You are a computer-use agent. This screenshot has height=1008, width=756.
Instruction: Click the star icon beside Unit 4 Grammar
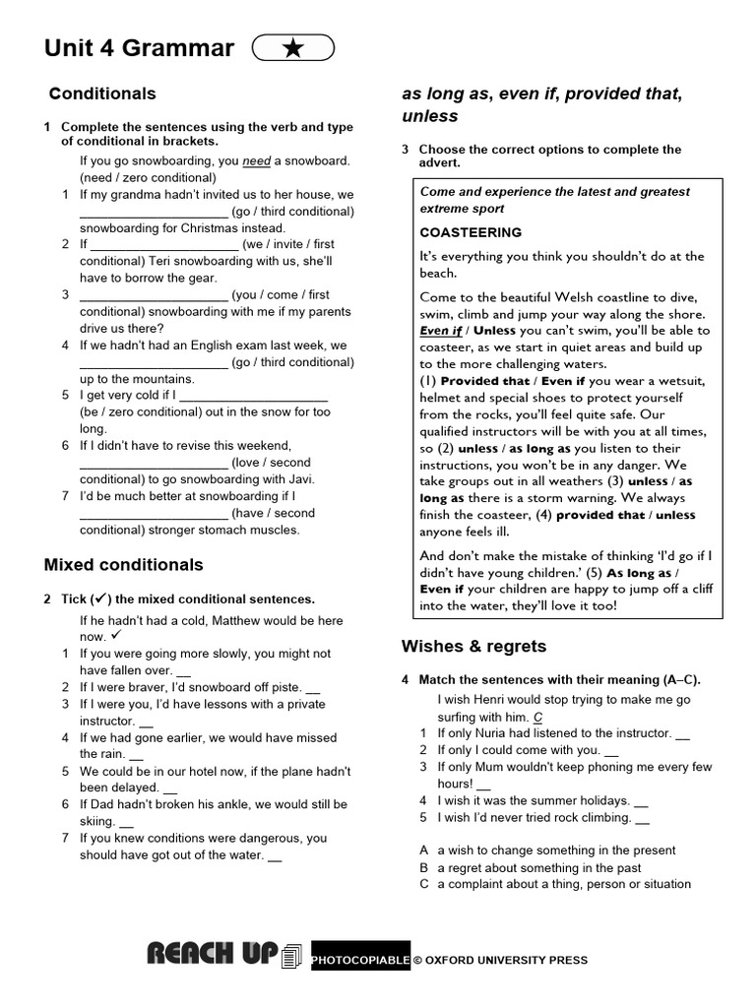(293, 48)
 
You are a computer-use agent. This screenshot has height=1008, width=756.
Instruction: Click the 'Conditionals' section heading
(102, 94)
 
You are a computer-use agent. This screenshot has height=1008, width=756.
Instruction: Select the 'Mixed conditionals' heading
(124, 565)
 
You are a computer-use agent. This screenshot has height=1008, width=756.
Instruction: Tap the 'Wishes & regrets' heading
(473, 647)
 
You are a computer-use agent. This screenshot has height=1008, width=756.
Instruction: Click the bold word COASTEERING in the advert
(471, 232)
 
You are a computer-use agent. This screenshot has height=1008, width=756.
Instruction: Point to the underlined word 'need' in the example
(256, 160)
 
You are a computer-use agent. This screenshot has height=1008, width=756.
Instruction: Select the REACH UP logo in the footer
(213, 954)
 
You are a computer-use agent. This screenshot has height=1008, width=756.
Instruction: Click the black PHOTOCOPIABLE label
(360, 960)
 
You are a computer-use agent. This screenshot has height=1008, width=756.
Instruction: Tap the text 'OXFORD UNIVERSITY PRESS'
(506, 960)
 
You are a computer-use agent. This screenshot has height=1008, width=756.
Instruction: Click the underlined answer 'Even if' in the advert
(441, 331)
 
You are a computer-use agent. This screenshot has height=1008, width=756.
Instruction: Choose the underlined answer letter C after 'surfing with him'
(537, 717)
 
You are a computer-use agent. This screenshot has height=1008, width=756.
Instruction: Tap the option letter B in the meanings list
(424, 868)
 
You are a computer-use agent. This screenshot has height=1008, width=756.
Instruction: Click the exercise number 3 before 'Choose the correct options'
(405, 150)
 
